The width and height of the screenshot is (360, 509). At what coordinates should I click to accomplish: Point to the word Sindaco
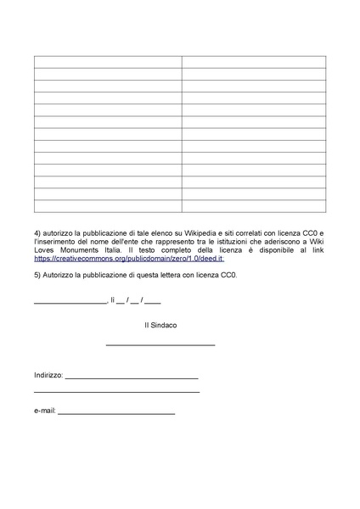(164, 325)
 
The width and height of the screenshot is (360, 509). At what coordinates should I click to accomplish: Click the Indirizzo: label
(48, 374)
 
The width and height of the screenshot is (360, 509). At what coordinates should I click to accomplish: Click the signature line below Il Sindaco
(160, 344)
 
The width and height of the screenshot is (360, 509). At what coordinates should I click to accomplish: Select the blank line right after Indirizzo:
(132, 377)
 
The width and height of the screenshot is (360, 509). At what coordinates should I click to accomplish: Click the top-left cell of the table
(108, 62)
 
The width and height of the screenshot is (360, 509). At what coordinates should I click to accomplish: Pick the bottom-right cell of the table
(254, 206)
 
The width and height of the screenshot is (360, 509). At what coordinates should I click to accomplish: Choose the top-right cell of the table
(254, 62)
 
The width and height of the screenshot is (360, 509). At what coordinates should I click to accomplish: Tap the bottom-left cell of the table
(108, 206)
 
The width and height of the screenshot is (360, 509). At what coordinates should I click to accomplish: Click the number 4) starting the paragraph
(37, 232)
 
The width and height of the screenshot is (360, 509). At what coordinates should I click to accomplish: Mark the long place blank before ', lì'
(70, 301)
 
